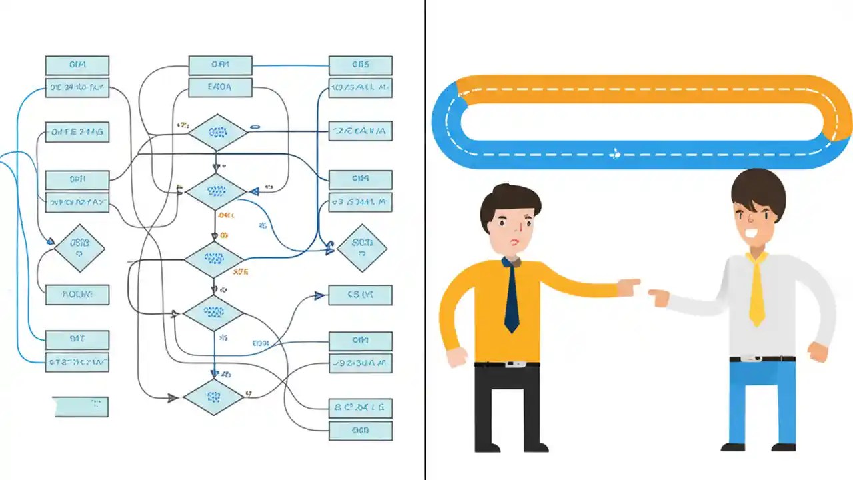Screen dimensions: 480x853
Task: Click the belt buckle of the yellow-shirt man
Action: click(512, 363)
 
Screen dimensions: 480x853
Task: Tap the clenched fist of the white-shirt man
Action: click(818, 351)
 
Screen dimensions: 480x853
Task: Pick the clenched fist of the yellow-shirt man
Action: click(457, 357)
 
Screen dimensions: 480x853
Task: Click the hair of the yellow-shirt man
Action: click(510, 203)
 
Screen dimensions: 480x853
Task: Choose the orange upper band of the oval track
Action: click(640, 89)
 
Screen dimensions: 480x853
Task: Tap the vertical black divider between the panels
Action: click(425, 240)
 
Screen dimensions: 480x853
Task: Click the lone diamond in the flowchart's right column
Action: click(361, 247)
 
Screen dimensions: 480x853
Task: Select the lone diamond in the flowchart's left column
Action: click(79, 247)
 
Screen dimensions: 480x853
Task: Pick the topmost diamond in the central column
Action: click(217, 132)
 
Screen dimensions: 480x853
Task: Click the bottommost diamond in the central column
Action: click(214, 397)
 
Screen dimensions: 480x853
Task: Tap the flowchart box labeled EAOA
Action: click(220, 87)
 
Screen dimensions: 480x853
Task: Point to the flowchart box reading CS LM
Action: click(360, 295)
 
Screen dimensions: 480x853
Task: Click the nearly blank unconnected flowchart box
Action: click(81, 406)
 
